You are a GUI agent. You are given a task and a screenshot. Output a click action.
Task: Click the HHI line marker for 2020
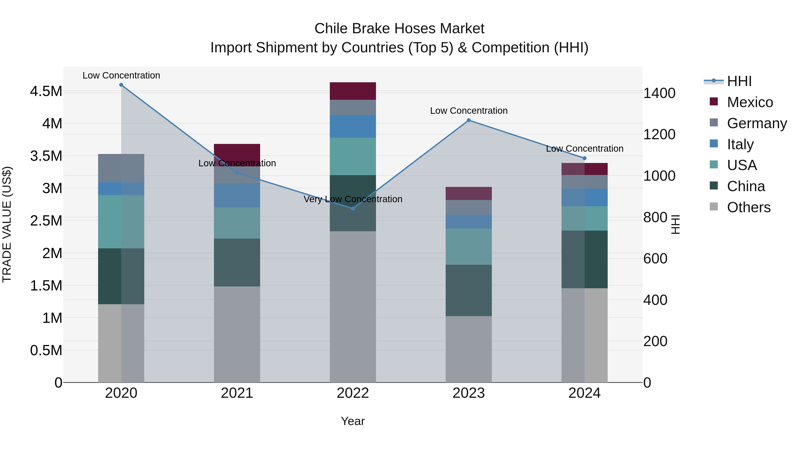[121, 85]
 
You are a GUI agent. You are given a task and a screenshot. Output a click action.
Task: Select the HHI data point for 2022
[353, 209]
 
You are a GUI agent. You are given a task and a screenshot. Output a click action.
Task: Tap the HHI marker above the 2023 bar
[469, 120]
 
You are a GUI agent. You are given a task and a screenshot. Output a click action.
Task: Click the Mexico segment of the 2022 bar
[353, 91]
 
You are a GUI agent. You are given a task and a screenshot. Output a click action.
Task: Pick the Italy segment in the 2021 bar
[237, 195]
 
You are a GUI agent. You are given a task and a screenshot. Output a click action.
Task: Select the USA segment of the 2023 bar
[469, 247]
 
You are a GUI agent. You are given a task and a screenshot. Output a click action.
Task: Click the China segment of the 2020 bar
[121, 276]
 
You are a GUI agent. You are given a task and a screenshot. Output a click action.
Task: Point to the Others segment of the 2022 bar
[353, 307]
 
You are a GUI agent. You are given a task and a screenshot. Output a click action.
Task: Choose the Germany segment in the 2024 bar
[584, 182]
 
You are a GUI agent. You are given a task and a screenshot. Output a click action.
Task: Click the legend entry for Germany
[757, 123]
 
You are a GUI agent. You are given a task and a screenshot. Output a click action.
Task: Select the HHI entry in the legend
[739, 81]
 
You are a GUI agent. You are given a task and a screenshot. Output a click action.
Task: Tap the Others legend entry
[748, 207]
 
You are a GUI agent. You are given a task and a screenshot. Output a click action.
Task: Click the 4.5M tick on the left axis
[46, 91]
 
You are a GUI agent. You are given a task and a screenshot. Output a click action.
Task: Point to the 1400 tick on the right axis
[659, 93]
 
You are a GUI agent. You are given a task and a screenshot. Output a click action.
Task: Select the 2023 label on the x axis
[469, 393]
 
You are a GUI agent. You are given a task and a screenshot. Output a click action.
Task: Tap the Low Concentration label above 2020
[121, 75]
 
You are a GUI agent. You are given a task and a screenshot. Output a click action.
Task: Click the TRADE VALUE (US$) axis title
[7, 224]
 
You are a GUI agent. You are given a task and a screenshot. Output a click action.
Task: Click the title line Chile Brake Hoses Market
[399, 29]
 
